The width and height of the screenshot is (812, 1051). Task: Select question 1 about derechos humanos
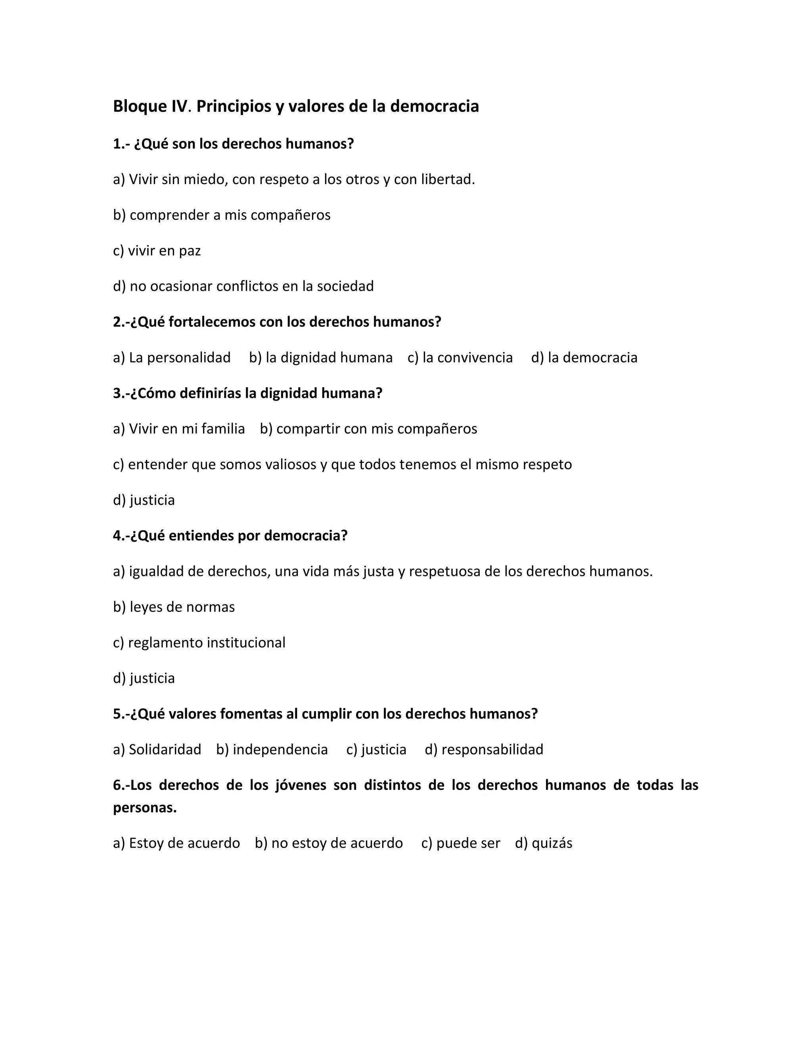click(x=233, y=144)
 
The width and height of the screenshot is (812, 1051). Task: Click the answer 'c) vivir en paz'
click(x=157, y=251)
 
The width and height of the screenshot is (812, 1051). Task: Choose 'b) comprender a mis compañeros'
click(x=222, y=215)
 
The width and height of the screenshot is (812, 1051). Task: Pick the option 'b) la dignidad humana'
click(x=321, y=358)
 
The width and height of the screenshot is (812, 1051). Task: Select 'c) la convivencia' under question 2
click(x=460, y=358)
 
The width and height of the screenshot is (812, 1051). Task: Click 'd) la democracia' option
click(x=584, y=358)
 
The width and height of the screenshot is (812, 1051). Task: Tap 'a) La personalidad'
click(x=172, y=358)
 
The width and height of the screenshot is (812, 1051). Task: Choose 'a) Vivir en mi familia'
click(x=179, y=429)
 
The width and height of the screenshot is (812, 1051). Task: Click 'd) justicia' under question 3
click(x=144, y=500)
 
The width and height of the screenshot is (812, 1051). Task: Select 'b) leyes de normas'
click(x=174, y=607)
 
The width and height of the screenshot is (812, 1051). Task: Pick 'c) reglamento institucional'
click(x=199, y=642)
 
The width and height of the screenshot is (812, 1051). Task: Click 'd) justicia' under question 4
click(x=144, y=678)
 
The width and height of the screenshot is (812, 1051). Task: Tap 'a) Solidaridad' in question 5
click(x=157, y=749)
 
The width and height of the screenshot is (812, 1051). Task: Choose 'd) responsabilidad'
click(x=484, y=749)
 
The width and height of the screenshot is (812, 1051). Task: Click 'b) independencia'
click(x=272, y=749)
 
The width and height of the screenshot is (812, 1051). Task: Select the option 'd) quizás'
click(x=544, y=843)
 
